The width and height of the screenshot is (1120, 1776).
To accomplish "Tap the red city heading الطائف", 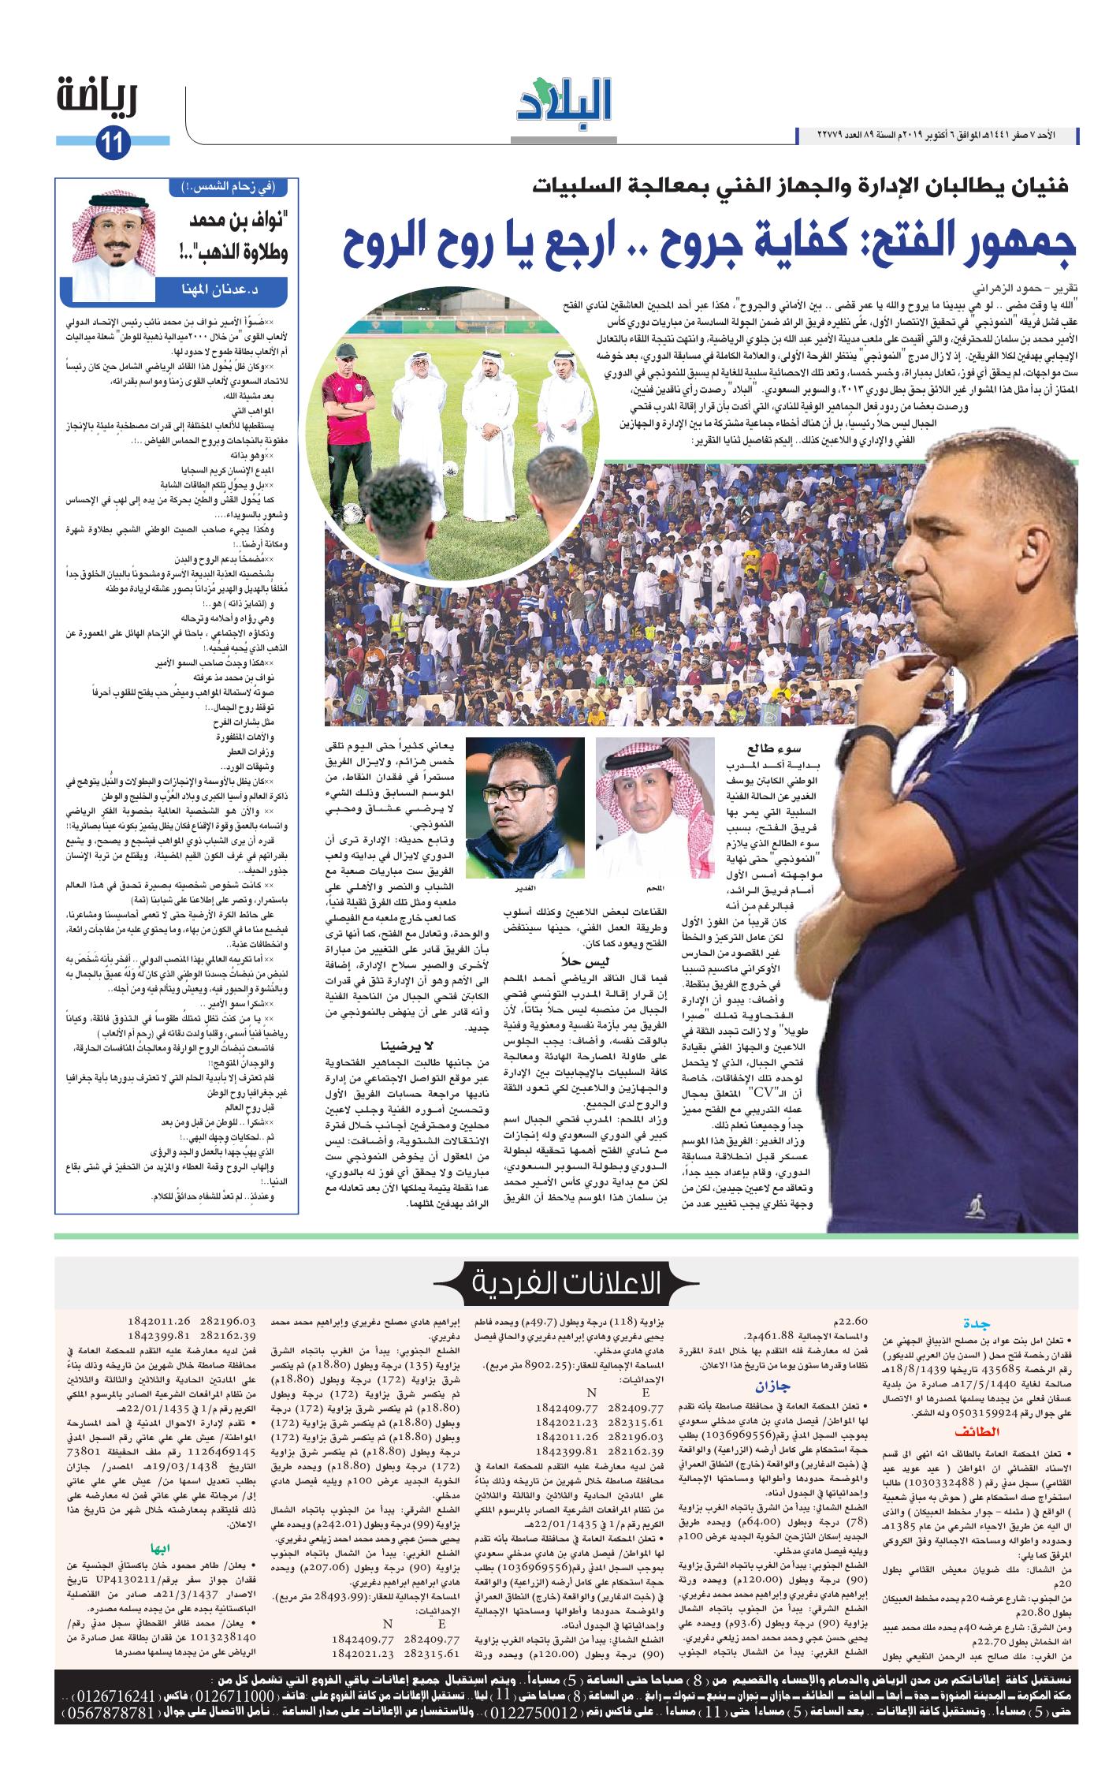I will click(x=977, y=1431).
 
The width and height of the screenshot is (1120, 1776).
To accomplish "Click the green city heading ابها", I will click(x=170, y=1547).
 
